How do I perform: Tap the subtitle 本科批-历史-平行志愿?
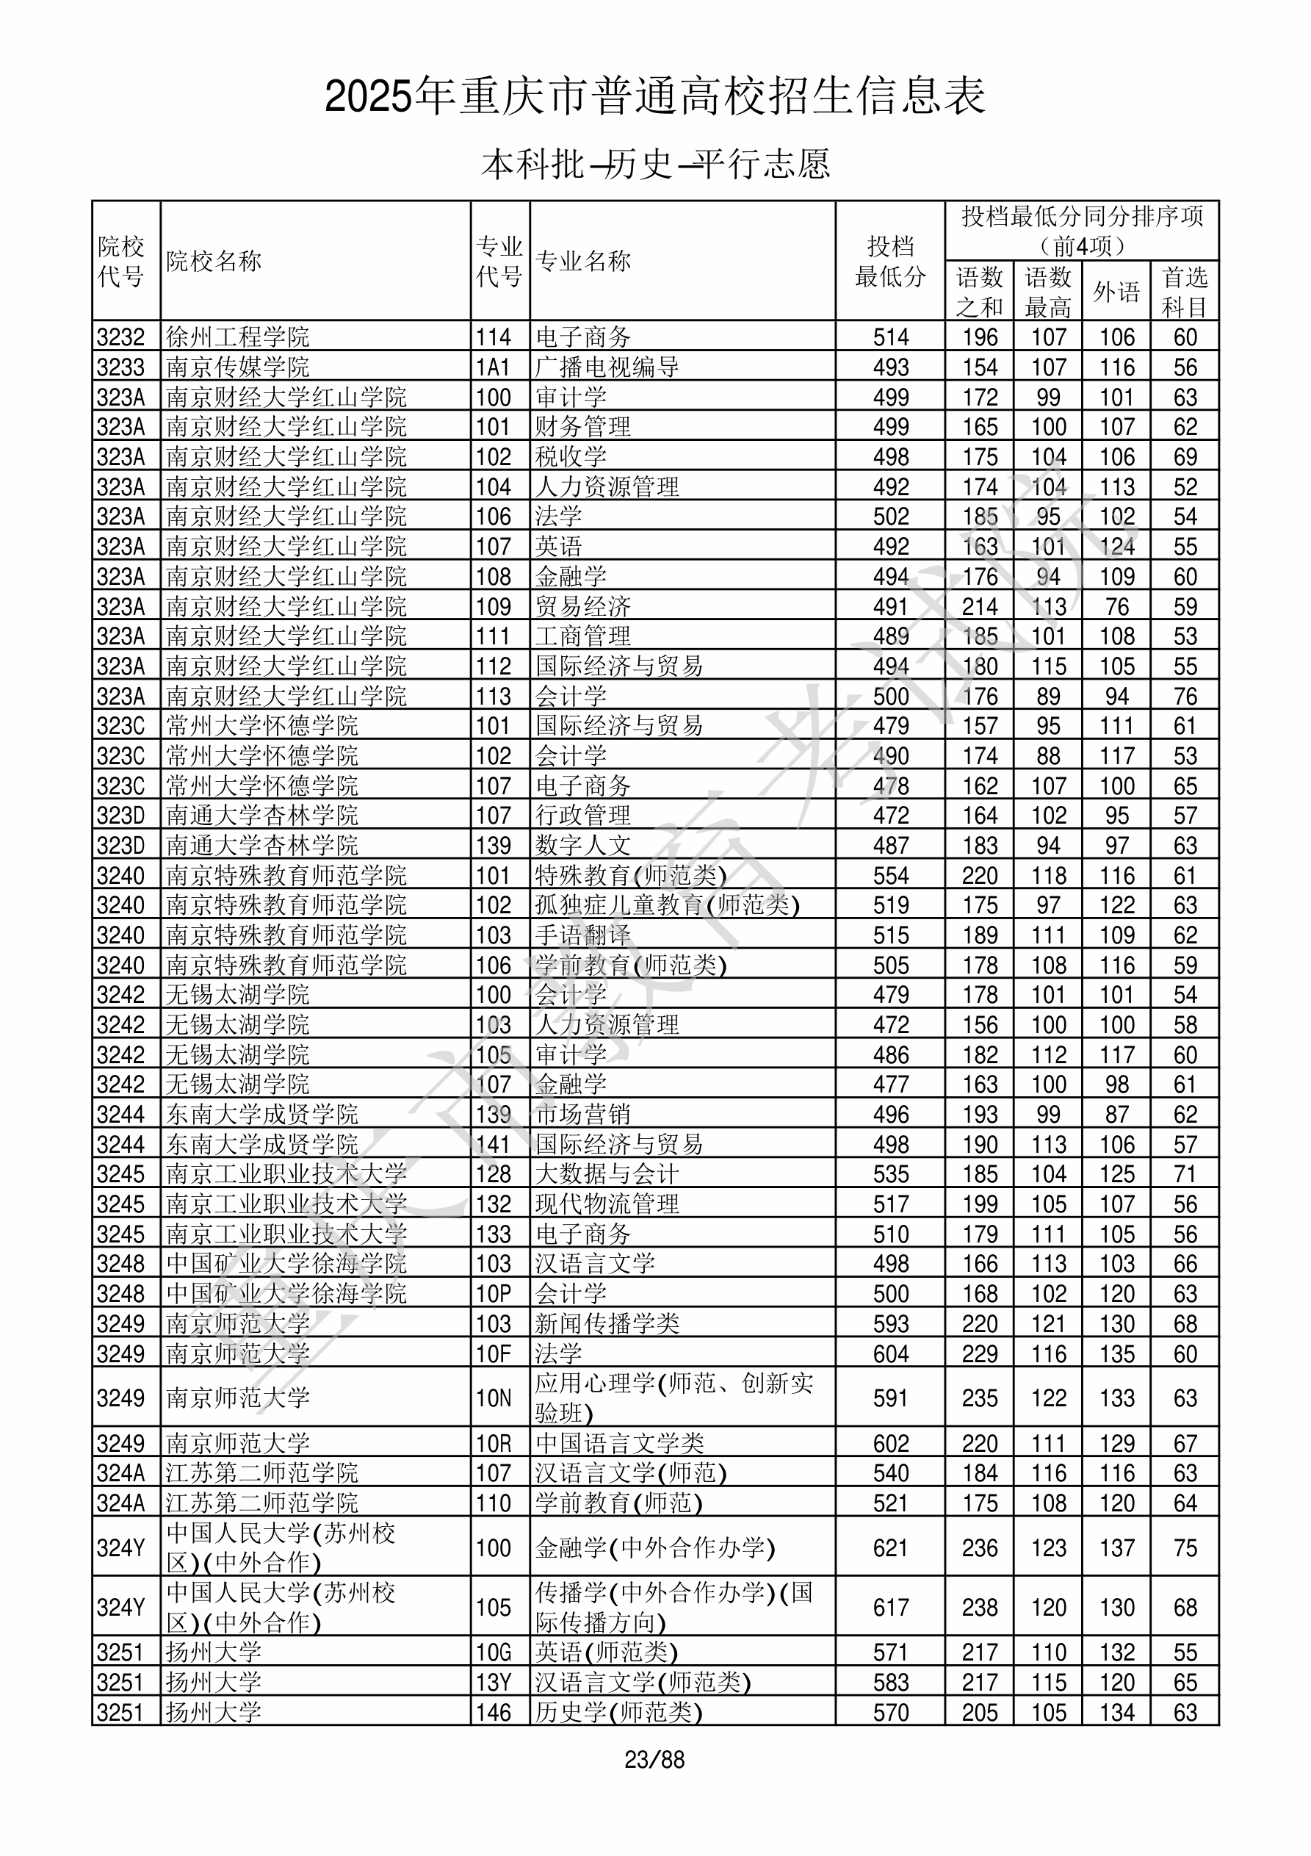[x=654, y=164]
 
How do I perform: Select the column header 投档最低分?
[x=890, y=260]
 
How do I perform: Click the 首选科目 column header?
[x=1184, y=291]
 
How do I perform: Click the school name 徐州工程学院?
[x=238, y=337]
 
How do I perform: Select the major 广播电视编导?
[x=607, y=367]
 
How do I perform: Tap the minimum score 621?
[x=890, y=1547]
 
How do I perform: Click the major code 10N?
[x=493, y=1398]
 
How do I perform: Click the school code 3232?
[x=120, y=337]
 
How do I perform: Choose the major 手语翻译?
[x=582, y=935]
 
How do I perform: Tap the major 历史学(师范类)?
[x=619, y=1712]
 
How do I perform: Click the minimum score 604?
[x=890, y=1353]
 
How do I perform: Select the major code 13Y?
[x=493, y=1682]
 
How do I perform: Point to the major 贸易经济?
[x=582, y=606]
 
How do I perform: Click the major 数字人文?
[x=582, y=846]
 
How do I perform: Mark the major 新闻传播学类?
[x=607, y=1323]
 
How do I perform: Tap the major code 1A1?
[x=493, y=367]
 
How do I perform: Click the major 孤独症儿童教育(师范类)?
[x=668, y=905]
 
